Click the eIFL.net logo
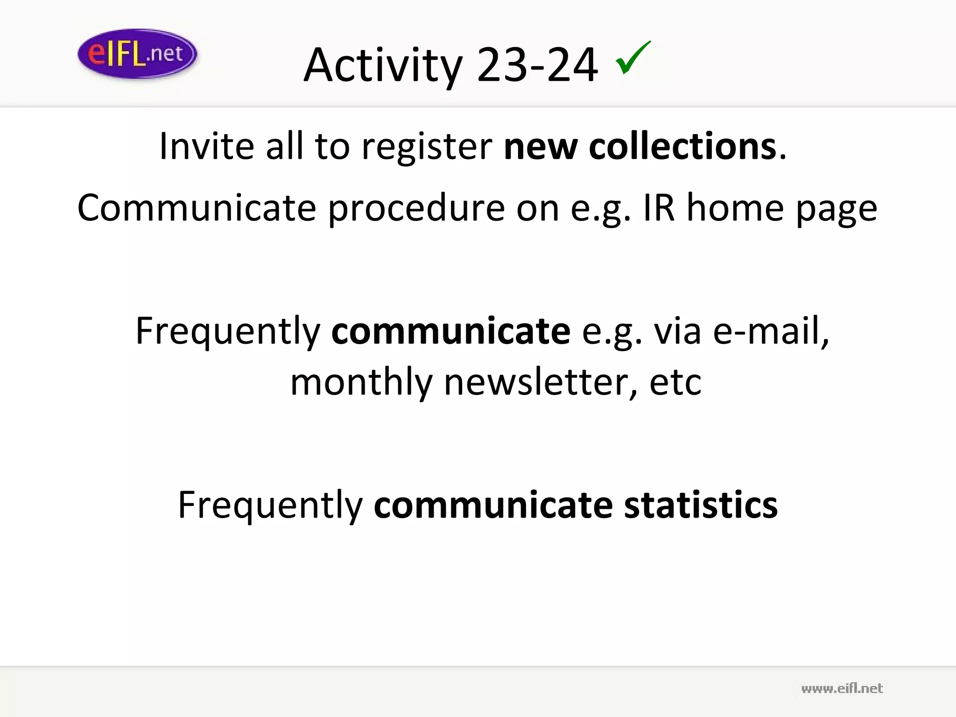click(x=137, y=54)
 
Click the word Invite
click(x=206, y=146)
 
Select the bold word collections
click(x=682, y=146)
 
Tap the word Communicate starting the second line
click(x=197, y=208)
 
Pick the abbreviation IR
click(x=659, y=208)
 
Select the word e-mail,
click(x=771, y=331)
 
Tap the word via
click(x=677, y=331)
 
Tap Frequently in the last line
click(x=270, y=506)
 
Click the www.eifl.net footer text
click(x=842, y=689)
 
